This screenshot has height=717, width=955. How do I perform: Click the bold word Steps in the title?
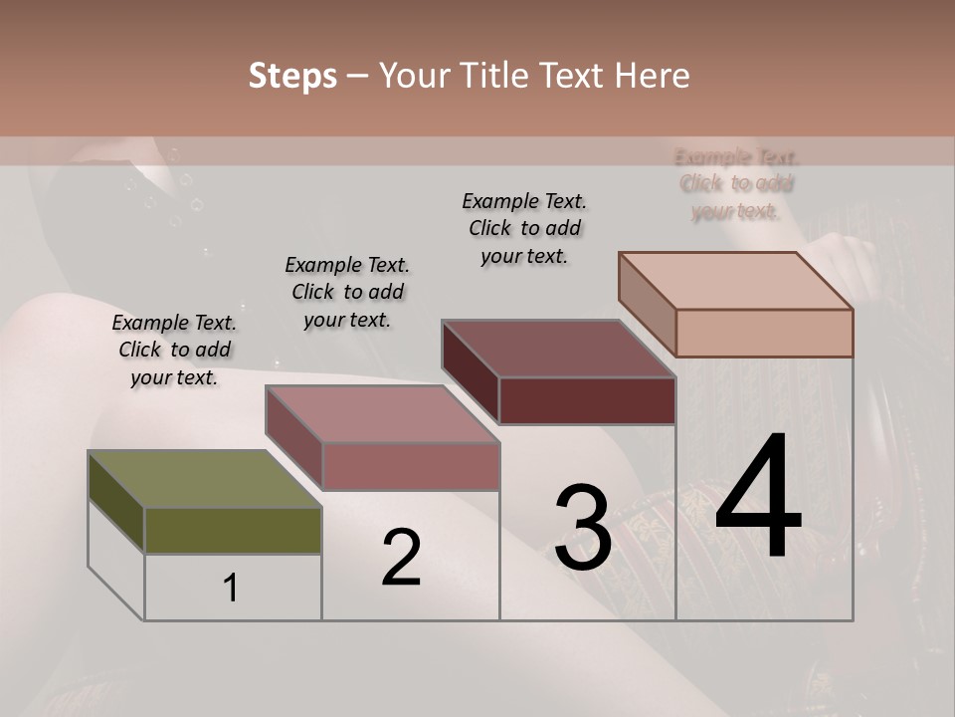click(292, 76)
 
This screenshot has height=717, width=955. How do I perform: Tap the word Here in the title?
click(652, 76)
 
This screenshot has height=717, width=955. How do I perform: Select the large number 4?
click(758, 498)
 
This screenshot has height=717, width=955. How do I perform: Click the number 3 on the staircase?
click(582, 529)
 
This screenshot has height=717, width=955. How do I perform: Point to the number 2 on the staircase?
click(401, 558)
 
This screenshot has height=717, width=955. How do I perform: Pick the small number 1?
click(231, 589)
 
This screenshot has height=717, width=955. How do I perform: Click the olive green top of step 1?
click(204, 480)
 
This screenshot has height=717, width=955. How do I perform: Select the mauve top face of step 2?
click(382, 414)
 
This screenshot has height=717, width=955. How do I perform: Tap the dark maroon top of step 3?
click(558, 349)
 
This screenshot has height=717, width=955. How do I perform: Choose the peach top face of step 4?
click(736, 281)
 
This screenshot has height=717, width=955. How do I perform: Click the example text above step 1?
click(174, 351)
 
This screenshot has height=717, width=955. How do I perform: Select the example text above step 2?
click(347, 293)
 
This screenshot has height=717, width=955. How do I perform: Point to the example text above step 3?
click(524, 228)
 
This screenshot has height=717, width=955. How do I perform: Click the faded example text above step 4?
click(736, 183)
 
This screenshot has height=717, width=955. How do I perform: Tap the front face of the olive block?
click(233, 530)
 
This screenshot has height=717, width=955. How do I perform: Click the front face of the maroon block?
click(587, 400)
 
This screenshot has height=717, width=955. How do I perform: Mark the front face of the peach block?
click(764, 333)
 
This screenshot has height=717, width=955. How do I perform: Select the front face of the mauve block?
click(410, 466)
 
